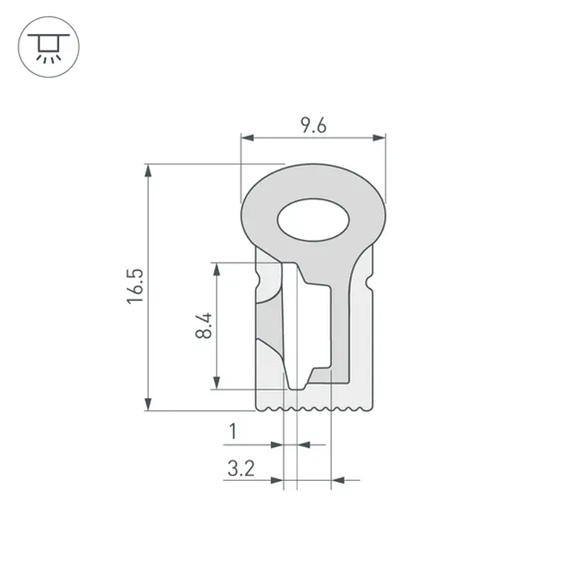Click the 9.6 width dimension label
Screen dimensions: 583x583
pyautogui.click(x=314, y=125)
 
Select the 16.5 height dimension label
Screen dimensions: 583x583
pyautogui.click(x=135, y=286)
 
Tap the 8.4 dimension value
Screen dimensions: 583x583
pyautogui.click(x=204, y=326)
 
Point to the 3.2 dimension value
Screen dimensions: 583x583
pyautogui.click(x=241, y=468)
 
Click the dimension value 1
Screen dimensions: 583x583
pyautogui.click(x=233, y=432)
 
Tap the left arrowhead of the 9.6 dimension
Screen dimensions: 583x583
pyautogui.click(x=247, y=138)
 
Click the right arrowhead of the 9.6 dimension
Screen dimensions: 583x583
pyautogui.click(x=380, y=138)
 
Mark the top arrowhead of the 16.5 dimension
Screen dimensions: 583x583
pyautogui.click(x=149, y=170)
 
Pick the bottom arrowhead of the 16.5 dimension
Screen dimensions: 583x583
pyautogui.click(x=149, y=404)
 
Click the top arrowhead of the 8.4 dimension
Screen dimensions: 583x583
pyautogui.click(x=217, y=269)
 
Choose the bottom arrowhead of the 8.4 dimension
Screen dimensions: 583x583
pyautogui.click(x=217, y=382)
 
